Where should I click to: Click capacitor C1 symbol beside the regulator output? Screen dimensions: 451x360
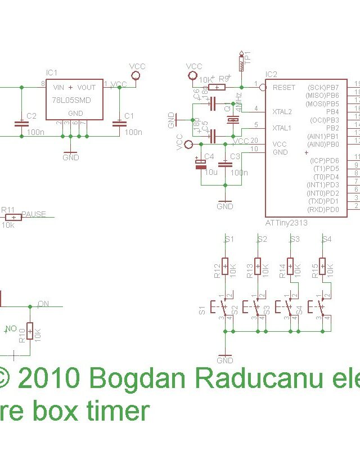pos(119,123)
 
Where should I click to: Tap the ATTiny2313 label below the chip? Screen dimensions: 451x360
pos(286,223)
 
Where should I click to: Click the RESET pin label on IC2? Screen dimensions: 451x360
pos(283,88)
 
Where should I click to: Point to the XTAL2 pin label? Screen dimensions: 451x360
pos(282,112)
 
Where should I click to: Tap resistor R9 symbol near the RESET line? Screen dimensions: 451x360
pos(217,87)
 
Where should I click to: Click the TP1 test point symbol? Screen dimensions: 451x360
pos(242,62)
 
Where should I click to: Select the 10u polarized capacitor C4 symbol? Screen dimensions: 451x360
pos(200,164)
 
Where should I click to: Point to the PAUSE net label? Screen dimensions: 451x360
pos(34,214)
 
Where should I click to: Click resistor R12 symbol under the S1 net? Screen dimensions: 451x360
pos(225,266)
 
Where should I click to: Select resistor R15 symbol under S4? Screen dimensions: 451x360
pos(322,266)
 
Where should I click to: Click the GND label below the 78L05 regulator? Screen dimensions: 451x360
pos(71,157)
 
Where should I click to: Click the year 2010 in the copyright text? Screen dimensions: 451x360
pos(49,378)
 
